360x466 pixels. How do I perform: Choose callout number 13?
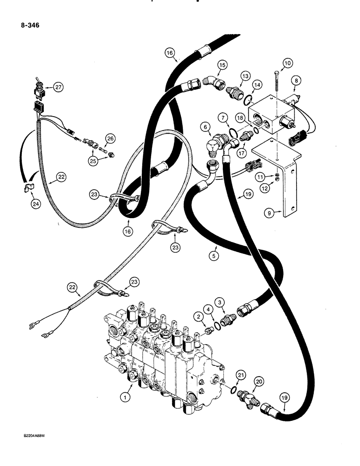[x=246, y=75]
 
